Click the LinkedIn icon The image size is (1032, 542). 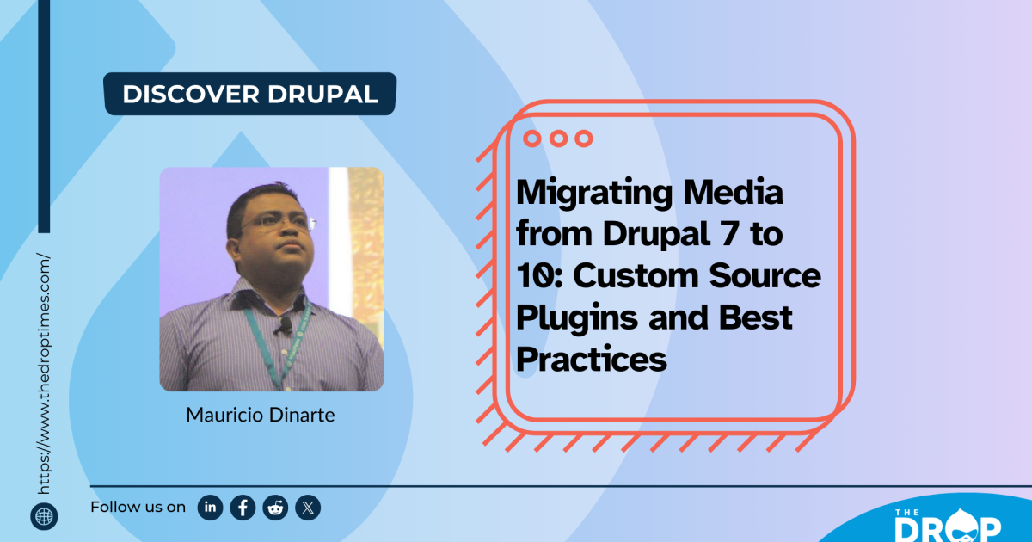(x=210, y=508)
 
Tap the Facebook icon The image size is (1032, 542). (x=243, y=508)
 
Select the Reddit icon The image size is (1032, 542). (x=275, y=508)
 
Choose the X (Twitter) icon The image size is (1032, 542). (x=308, y=508)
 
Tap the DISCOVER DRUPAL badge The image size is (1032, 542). (x=250, y=94)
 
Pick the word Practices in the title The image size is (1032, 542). (x=592, y=359)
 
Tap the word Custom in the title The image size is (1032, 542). (x=628, y=275)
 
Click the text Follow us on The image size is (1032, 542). (x=138, y=507)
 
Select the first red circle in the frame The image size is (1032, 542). (x=531, y=138)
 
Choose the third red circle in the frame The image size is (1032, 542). (x=584, y=138)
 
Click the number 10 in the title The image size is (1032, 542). (x=531, y=275)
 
